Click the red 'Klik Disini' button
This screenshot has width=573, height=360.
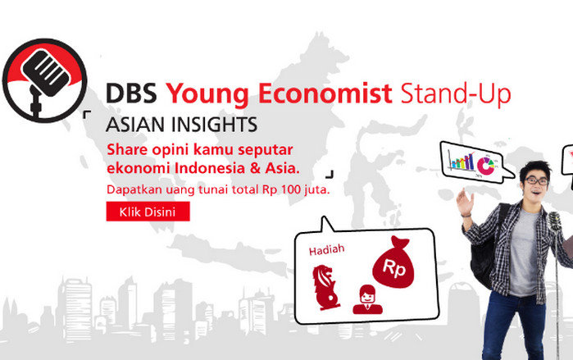point(148,212)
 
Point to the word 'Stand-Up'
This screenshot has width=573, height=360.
point(456,94)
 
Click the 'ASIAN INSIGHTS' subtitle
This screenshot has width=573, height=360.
point(182,125)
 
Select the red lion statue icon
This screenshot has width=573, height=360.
point(321,285)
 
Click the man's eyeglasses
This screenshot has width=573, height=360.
point(537,180)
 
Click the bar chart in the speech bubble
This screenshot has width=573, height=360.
point(461,162)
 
